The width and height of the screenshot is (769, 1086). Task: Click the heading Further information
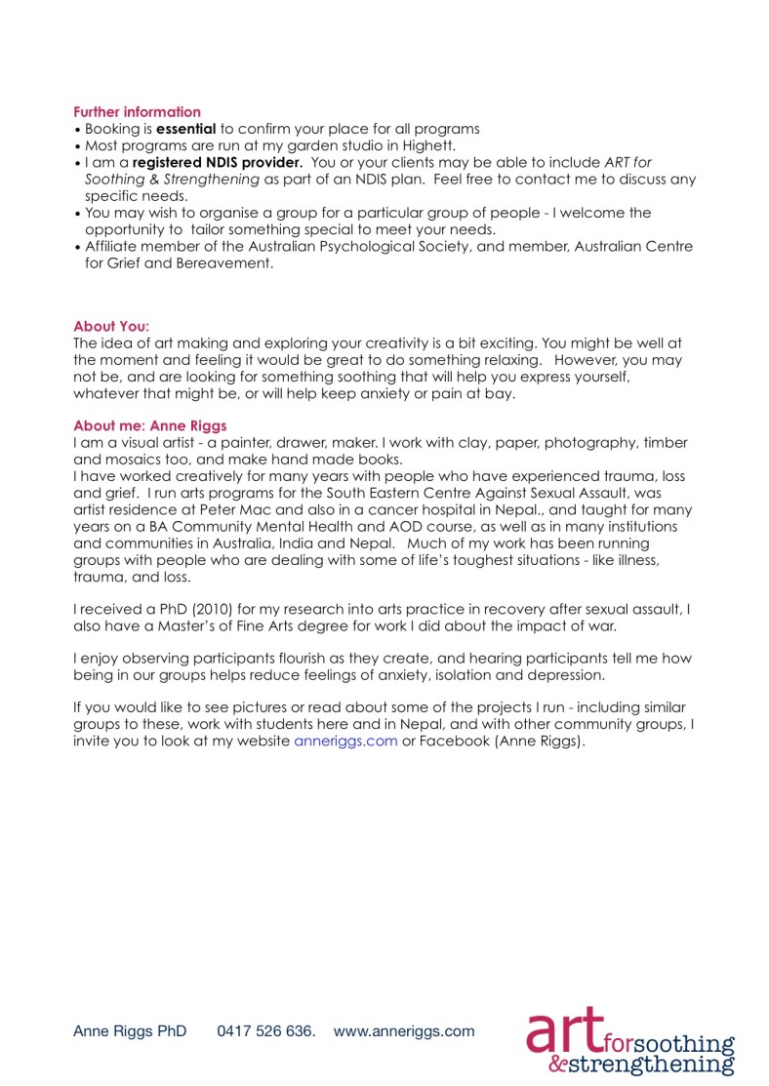tap(137, 112)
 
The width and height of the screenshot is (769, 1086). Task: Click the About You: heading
tap(111, 326)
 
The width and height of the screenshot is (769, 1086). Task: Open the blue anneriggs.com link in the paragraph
tap(345, 741)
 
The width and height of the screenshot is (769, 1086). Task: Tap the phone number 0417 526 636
tap(265, 1030)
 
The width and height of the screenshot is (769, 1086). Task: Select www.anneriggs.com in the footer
tap(404, 1030)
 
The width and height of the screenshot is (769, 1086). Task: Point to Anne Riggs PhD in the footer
tap(130, 1030)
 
